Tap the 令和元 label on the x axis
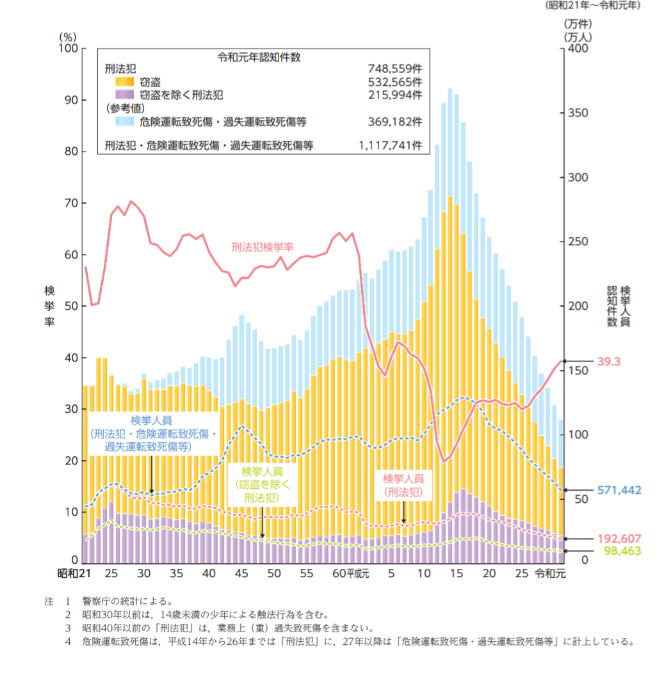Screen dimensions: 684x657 [550, 573]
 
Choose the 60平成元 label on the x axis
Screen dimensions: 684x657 [348, 573]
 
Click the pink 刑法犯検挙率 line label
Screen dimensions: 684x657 [263, 246]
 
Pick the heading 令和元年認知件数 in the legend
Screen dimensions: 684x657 [259, 56]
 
